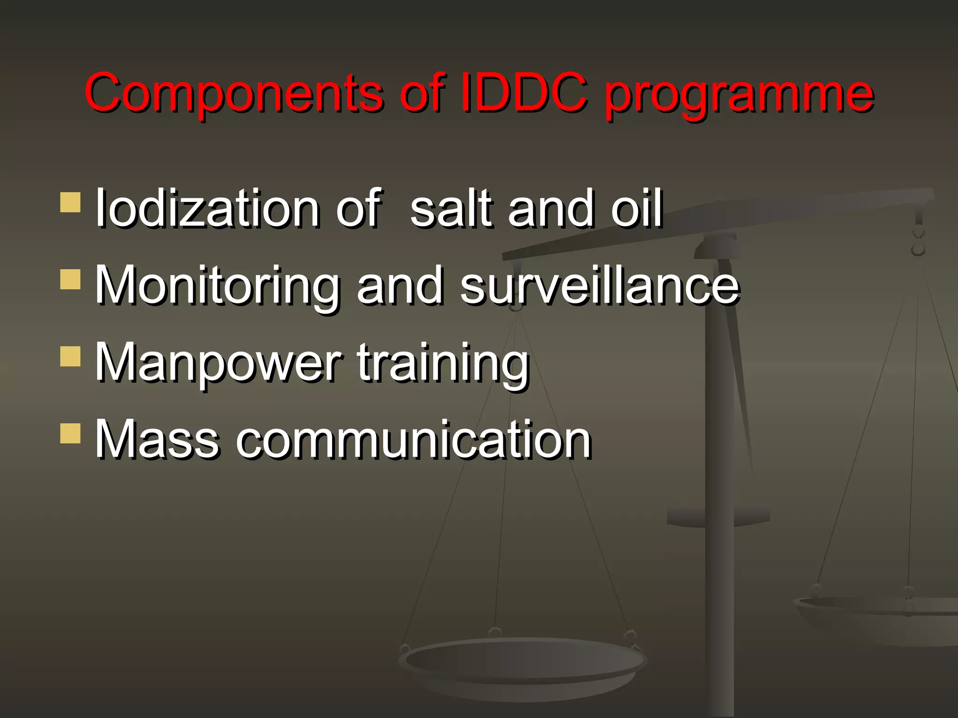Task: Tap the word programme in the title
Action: coord(739,96)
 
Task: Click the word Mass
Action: coord(157,439)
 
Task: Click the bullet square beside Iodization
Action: coord(71,203)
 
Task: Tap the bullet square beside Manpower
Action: coord(71,357)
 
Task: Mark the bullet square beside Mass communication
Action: coord(71,434)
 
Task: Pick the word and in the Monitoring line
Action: coord(399,285)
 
